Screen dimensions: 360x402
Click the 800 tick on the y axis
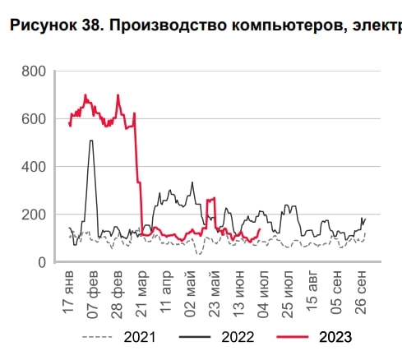click(x=34, y=72)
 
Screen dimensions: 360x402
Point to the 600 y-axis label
click(x=34, y=119)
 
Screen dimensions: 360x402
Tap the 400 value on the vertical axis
click(x=34, y=167)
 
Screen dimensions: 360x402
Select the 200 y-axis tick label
click(x=34, y=215)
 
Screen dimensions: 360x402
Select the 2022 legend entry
click(x=238, y=336)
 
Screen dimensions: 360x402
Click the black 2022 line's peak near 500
click(x=91, y=141)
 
